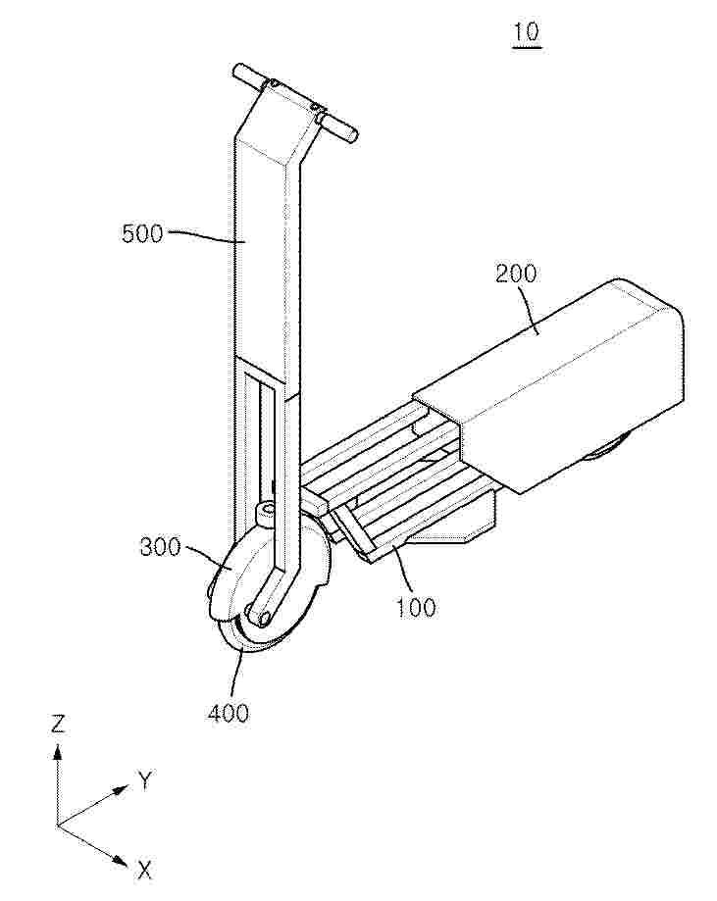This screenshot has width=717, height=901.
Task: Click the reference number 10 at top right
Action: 527,32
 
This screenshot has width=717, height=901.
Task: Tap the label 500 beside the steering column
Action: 142,234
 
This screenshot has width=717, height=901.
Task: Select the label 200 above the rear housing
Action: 516,274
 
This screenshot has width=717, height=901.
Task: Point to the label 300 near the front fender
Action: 161,547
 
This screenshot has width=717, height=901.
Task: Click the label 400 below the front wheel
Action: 229,713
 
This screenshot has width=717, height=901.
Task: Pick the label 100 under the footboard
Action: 415,607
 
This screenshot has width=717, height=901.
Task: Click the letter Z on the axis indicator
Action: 58,725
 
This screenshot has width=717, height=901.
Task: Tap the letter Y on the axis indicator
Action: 145,781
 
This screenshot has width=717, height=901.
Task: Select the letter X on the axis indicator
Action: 144,871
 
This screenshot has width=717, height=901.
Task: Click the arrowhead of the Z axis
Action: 58,752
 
